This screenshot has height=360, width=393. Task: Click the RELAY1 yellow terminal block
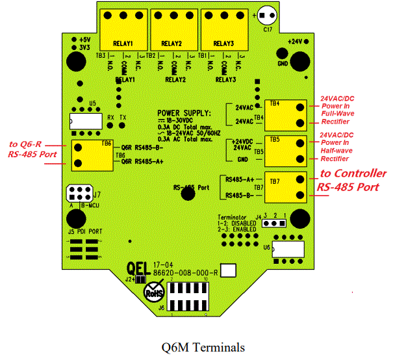tap(123, 30)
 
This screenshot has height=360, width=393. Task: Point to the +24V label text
tap(296, 40)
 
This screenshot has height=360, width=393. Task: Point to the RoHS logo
tap(155, 293)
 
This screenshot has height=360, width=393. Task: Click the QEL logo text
tap(140, 267)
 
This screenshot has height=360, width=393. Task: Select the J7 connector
tap(79, 194)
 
